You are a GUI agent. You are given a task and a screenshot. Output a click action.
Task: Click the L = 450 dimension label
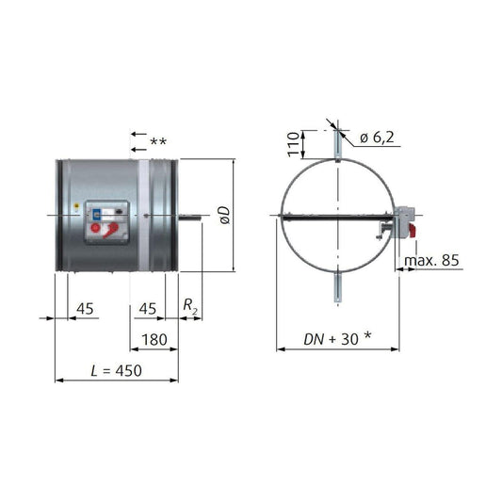(x=111, y=371)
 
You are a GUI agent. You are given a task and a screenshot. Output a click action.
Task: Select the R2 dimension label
(x=189, y=307)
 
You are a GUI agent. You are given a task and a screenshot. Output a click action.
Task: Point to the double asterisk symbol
(x=158, y=143)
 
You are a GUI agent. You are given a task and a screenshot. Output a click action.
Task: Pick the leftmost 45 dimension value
(x=84, y=307)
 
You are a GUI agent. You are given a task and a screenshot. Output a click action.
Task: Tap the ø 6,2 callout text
(x=379, y=138)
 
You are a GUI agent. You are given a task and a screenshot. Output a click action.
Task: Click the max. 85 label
(x=431, y=260)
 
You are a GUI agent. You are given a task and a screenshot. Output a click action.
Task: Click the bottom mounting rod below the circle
(x=336, y=288)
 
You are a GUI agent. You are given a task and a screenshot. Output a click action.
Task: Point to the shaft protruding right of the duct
(x=192, y=220)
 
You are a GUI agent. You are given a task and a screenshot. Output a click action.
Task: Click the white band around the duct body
(x=143, y=217)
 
